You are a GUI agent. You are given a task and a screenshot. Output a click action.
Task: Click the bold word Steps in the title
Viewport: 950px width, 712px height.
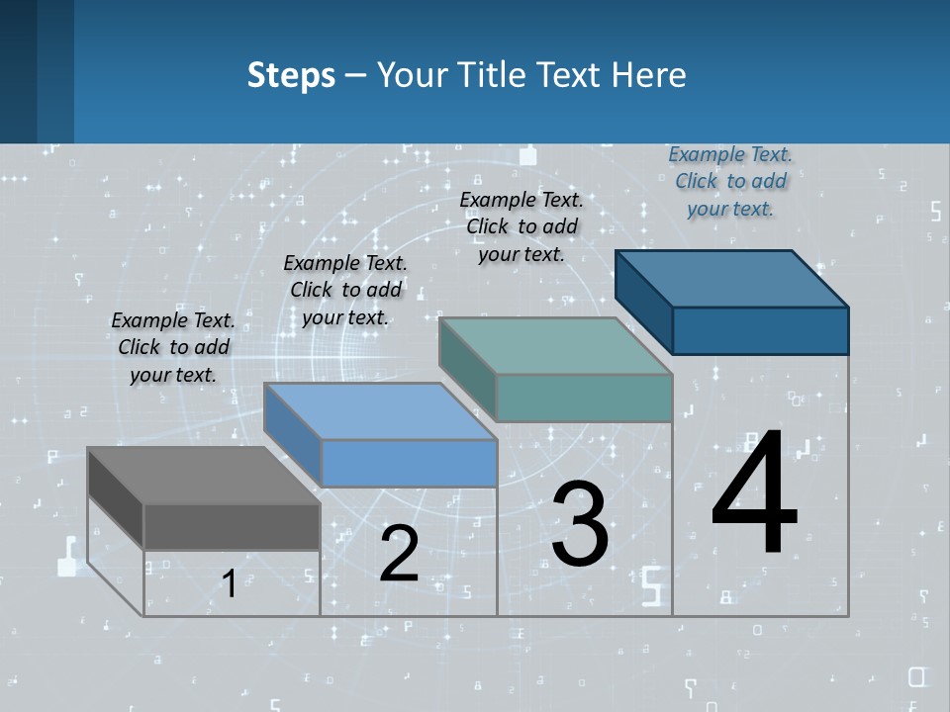(291, 75)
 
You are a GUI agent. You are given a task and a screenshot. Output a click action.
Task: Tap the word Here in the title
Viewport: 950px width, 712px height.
(650, 75)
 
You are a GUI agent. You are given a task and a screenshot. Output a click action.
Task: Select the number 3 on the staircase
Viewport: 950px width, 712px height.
(580, 524)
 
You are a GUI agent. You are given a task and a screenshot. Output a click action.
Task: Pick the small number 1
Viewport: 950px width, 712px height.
(229, 584)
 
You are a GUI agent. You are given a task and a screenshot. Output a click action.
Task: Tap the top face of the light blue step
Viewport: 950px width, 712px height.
(380, 411)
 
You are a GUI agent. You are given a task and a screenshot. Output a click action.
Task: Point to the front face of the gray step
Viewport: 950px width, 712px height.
(232, 526)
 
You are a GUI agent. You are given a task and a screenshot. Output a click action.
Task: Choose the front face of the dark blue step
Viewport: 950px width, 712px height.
(760, 330)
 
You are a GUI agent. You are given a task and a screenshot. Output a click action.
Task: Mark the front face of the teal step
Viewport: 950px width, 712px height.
(584, 398)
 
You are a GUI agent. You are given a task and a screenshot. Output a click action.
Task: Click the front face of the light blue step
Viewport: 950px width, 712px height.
(409, 463)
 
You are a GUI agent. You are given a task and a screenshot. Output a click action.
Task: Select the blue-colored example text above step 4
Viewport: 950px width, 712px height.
(730, 181)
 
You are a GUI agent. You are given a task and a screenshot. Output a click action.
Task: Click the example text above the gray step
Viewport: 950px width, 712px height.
(173, 347)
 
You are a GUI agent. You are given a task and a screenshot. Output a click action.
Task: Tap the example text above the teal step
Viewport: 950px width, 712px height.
(522, 226)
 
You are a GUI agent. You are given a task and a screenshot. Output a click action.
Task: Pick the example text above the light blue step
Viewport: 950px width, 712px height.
(345, 290)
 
